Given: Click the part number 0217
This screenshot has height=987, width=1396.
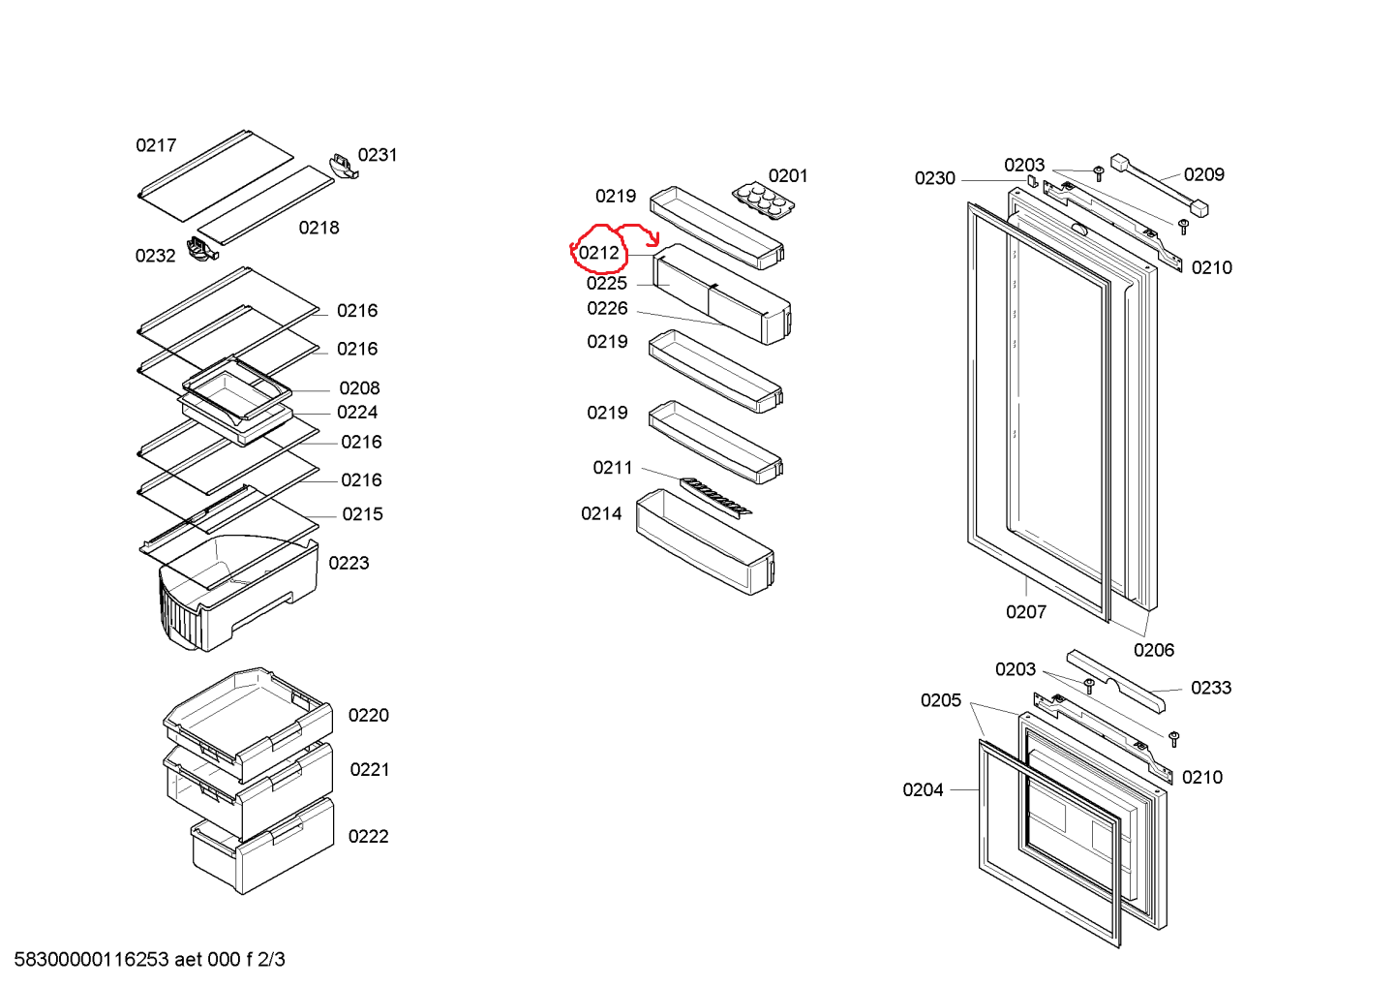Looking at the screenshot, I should coord(156,145).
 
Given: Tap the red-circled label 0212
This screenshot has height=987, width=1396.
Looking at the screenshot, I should coord(598,253).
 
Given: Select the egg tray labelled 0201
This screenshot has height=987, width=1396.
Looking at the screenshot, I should coord(764,200).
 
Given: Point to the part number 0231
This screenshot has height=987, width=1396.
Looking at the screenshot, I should coord(378,155).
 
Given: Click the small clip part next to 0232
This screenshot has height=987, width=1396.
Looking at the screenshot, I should coord(202,249).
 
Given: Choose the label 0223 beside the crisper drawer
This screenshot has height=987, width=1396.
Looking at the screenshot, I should coord(349,564).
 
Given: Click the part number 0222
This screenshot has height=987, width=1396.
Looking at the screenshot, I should coord(368,837).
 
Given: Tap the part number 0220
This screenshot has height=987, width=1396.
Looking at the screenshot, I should coord(368,716).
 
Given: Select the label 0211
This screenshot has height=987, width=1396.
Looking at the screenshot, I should coord(612,468).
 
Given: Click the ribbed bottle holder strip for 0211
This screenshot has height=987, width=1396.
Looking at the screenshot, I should coord(715,496).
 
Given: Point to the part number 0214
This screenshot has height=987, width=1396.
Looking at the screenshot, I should coord(601,514).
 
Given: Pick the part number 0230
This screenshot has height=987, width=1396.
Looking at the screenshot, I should coord(934,178).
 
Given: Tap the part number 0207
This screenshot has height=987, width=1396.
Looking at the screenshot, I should coord(1025,612).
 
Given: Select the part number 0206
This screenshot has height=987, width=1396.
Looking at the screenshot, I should coord(1153,651).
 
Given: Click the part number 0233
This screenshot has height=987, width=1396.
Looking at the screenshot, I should coord(1210,689).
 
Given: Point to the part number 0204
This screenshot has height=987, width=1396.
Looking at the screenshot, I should coord(923,790).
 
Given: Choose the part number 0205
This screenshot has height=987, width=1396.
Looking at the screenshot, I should coord(940,701).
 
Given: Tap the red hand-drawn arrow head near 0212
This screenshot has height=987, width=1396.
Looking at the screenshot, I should coord(654,240).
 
